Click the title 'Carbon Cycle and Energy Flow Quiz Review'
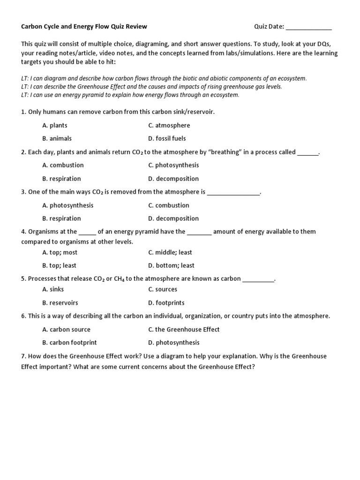84,27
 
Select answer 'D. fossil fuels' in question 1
167,138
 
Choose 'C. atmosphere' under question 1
169,125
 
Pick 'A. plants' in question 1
55,125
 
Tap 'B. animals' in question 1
57,138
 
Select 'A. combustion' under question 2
63,165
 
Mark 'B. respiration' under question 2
61,179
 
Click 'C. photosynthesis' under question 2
173,165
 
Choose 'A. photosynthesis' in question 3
67,205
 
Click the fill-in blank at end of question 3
233,192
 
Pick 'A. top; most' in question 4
60,252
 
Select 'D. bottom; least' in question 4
171,265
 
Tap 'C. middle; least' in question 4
170,252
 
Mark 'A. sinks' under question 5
53,289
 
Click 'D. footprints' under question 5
166,303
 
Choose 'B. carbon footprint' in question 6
69,343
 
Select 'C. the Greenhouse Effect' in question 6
184,330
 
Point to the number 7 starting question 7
23,356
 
